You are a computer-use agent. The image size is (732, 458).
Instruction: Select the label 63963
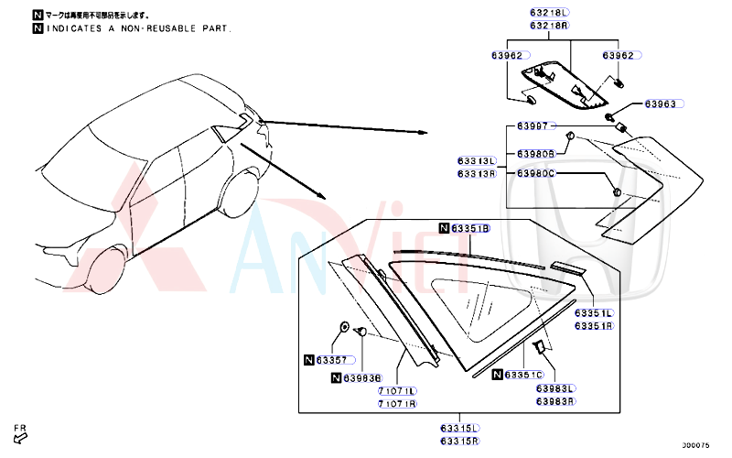click(659, 104)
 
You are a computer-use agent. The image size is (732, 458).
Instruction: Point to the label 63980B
click(535, 154)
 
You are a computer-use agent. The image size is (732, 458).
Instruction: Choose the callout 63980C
click(535, 173)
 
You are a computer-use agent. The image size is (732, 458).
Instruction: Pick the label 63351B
click(471, 228)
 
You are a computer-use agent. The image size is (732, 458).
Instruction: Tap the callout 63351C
click(524, 375)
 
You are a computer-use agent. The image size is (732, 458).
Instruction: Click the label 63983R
click(555, 401)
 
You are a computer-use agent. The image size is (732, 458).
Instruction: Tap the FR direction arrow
click(20, 435)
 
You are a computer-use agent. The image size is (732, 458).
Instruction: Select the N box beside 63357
click(308, 360)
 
